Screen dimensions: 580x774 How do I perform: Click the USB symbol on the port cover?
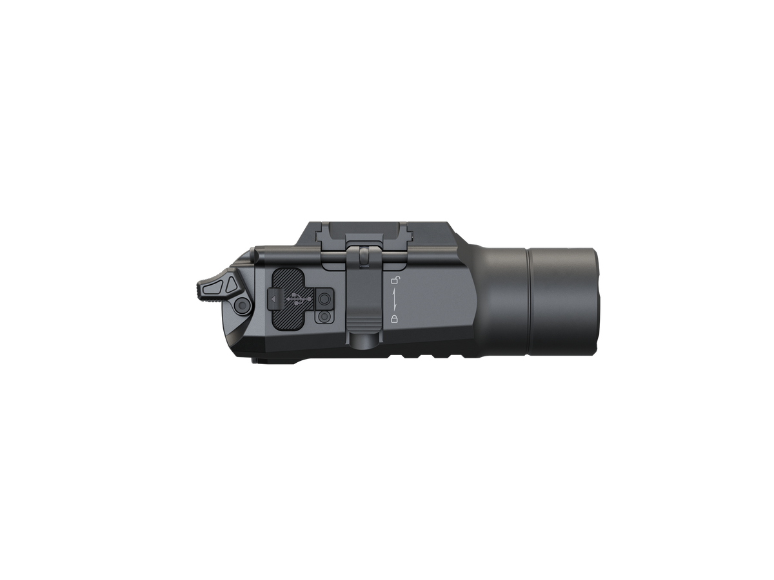(299, 299)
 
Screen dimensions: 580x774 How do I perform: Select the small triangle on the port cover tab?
(273, 299)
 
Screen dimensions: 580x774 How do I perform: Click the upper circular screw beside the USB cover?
(324, 299)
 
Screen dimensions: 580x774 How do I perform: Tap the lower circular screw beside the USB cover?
(322, 318)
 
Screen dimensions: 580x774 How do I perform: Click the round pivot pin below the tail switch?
(242, 305)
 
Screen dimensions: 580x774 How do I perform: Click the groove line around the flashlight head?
(530, 300)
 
